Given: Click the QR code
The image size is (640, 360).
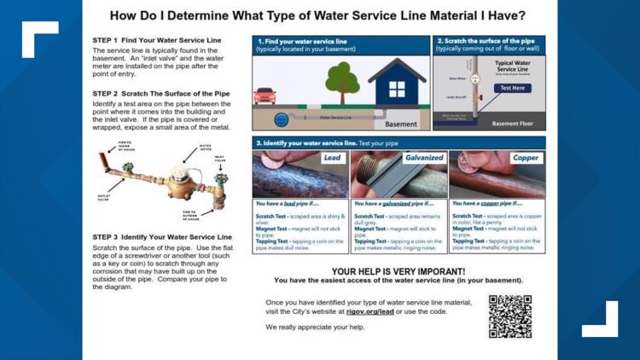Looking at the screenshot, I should pyautogui.click(x=510, y=316).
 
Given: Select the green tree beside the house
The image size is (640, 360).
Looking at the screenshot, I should pyautogui.click(x=342, y=83).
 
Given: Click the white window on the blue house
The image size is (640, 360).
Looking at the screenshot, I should pyautogui.click(x=398, y=89).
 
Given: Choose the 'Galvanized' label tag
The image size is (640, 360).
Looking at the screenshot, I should pyautogui.click(x=424, y=158).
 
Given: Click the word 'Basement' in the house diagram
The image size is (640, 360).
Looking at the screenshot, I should pyautogui.click(x=401, y=124).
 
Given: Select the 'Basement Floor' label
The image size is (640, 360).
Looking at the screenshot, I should pyautogui.click(x=513, y=124).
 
